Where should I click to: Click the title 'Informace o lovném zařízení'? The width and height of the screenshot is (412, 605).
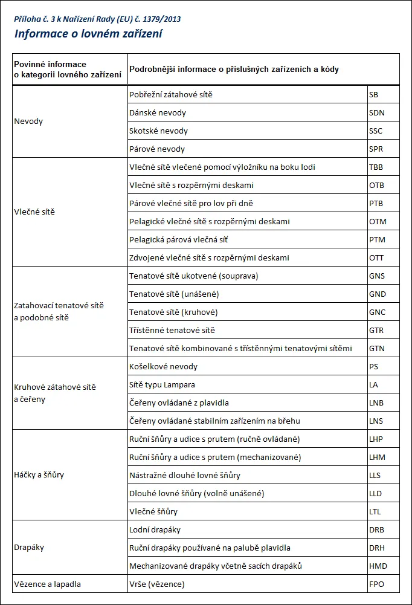point(88,34)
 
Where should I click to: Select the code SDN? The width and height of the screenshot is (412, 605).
point(376,113)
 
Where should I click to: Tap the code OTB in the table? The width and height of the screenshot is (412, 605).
point(376,186)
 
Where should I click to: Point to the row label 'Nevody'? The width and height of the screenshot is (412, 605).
point(28,121)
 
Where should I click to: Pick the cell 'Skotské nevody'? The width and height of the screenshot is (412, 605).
point(158,131)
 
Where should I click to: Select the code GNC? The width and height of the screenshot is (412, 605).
point(377,312)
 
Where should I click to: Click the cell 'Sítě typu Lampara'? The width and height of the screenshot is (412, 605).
point(162,385)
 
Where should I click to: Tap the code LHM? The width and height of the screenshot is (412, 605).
point(377,458)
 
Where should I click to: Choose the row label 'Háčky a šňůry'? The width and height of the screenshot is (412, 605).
point(39,475)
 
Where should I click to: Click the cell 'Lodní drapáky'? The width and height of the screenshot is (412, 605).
point(155,530)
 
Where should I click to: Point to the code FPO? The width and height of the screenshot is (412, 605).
point(376,584)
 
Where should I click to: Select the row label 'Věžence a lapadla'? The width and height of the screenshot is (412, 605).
point(47,584)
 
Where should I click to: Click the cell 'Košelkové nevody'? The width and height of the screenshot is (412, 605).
point(163,367)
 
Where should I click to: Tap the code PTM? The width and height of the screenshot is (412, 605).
point(377,240)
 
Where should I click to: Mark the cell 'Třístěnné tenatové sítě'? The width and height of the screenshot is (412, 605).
point(172,331)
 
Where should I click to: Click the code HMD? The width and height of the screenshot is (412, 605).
point(378,566)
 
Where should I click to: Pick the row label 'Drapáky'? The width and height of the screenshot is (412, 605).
point(29,548)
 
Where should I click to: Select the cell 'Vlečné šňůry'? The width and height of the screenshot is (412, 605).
point(153,512)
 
